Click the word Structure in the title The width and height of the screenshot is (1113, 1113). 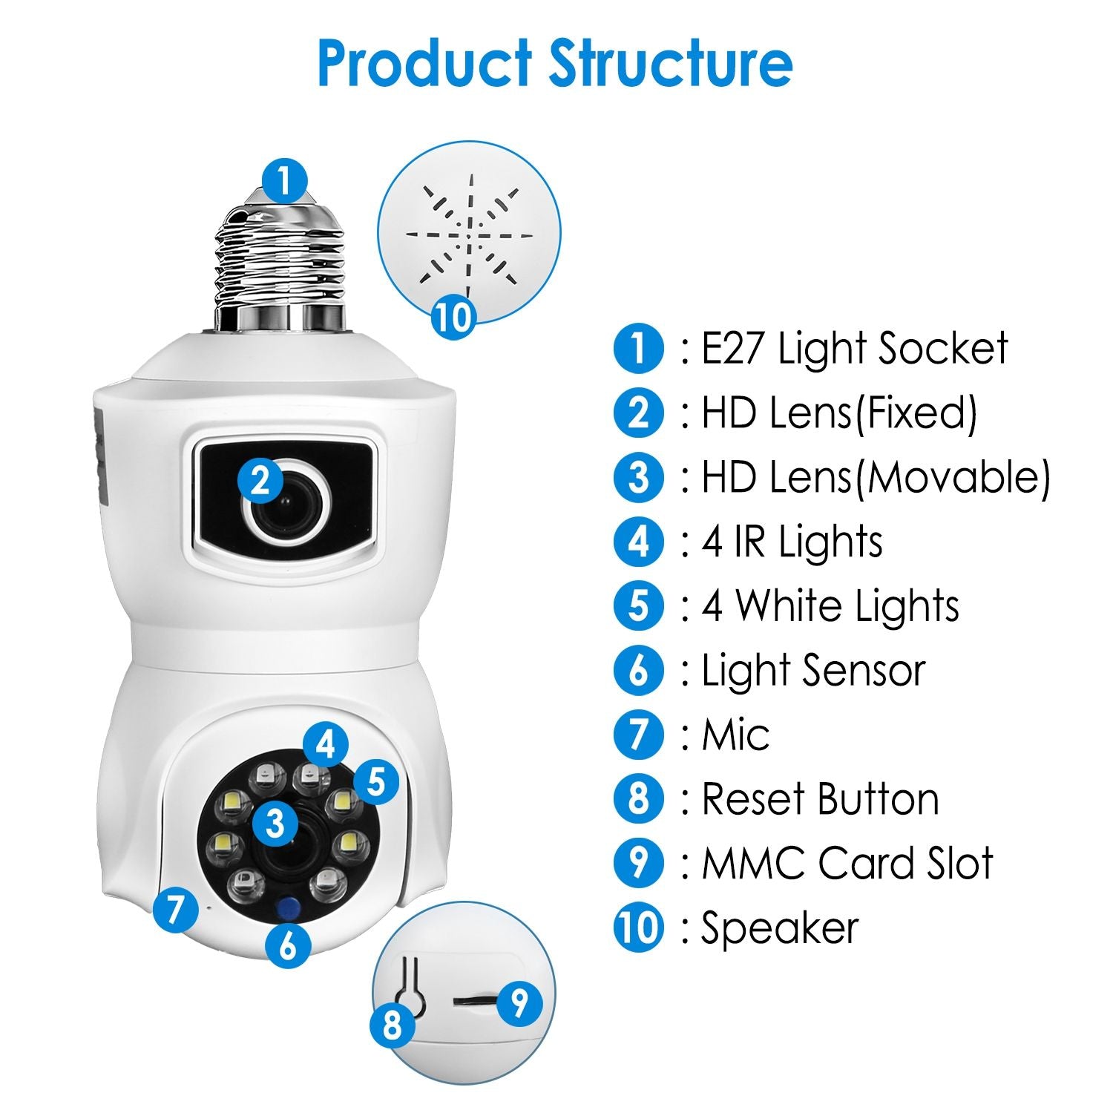point(671,63)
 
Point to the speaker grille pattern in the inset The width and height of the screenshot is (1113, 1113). point(469,232)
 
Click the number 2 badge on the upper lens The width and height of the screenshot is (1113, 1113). point(260,482)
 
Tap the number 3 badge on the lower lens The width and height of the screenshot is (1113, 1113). point(275,823)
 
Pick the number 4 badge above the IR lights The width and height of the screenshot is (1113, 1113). point(325,744)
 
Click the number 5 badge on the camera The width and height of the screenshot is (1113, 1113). point(376,781)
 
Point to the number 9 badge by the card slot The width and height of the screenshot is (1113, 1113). point(519,1003)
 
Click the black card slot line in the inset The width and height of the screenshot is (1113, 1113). point(472,1001)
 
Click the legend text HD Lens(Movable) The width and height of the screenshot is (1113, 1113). point(876,477)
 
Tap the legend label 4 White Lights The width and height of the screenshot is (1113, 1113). point(830,606)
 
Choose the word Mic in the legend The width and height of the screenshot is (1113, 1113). point(735,735)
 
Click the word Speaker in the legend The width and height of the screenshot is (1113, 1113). point(780,928)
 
